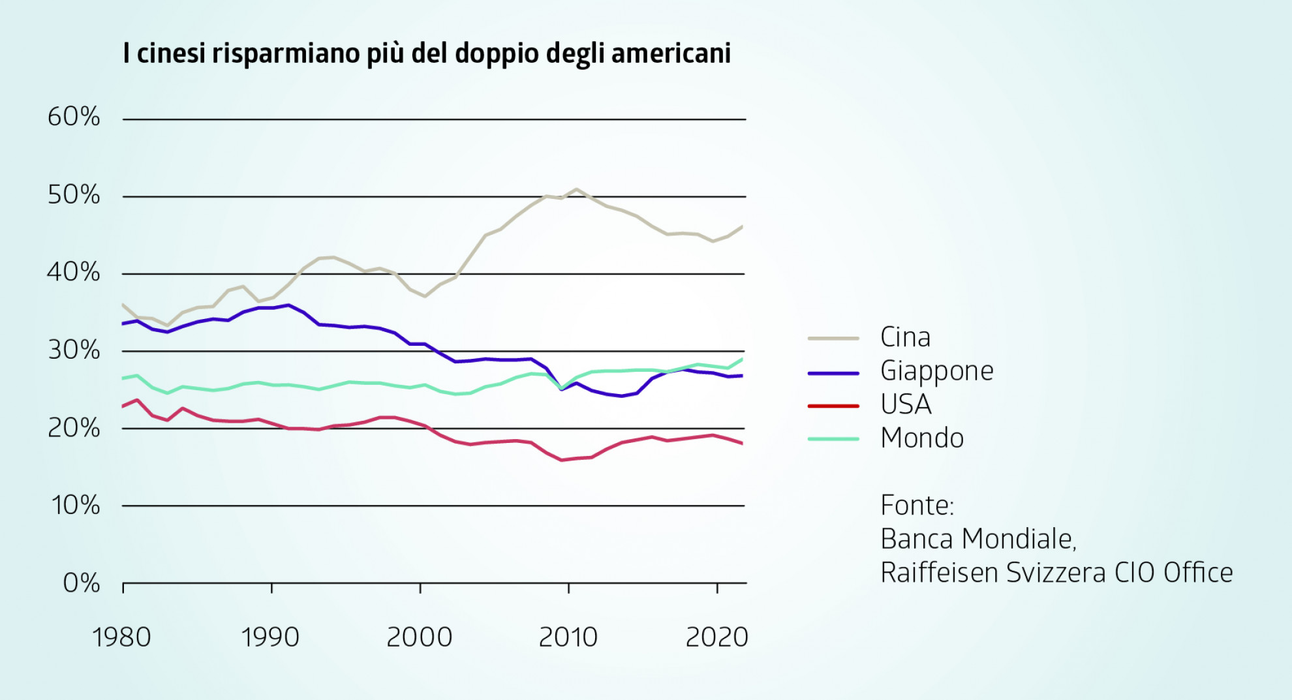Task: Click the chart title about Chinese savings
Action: [427, 53]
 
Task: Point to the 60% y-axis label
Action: [74, 117]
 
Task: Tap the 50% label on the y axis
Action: [74, 194]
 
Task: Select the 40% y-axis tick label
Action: [74, 271]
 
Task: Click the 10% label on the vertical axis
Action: [76, 505]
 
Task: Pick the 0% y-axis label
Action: [81, 583]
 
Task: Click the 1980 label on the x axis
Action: [121, 637]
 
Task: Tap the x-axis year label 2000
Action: [419, 637]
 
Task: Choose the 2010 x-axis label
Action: [568, 637]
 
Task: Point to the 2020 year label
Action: [716, 637]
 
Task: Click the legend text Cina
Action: [905, 337]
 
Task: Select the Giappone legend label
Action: [936, 371]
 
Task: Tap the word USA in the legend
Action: [906, 404]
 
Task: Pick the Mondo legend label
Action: [921, 438]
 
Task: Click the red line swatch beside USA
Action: [833, 406]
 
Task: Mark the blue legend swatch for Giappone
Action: [833, 373]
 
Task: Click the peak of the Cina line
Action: [576, 189]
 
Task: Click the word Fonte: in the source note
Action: [917, 505]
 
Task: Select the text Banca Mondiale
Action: [977, 539]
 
